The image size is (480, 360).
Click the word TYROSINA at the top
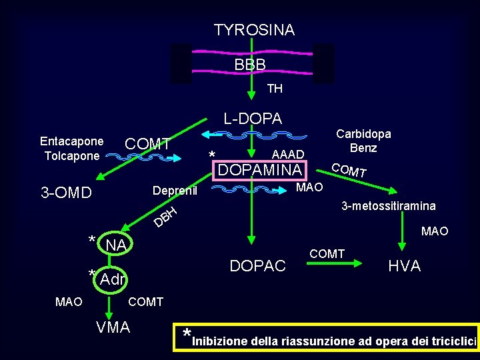pos(254,30)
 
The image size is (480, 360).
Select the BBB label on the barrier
pos(250,65)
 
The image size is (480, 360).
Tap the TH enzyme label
pos(275,89)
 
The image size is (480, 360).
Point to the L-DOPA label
pos(253,119)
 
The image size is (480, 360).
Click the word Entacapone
pos(71,141)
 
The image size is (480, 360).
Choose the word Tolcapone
pos(71,156)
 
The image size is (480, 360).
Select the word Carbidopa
pos(363,133)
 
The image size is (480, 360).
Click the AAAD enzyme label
pos(288,155)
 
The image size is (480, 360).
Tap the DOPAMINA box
pos(260,170)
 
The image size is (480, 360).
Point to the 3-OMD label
pos(66,193)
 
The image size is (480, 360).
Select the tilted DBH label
pos(165,215)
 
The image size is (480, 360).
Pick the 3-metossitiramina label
pos(389,207)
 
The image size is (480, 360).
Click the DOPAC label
pos(257,266)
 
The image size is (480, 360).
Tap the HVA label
pos(405,266)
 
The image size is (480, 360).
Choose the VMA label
pos(113,327)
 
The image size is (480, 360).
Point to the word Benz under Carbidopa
pos(363,148)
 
